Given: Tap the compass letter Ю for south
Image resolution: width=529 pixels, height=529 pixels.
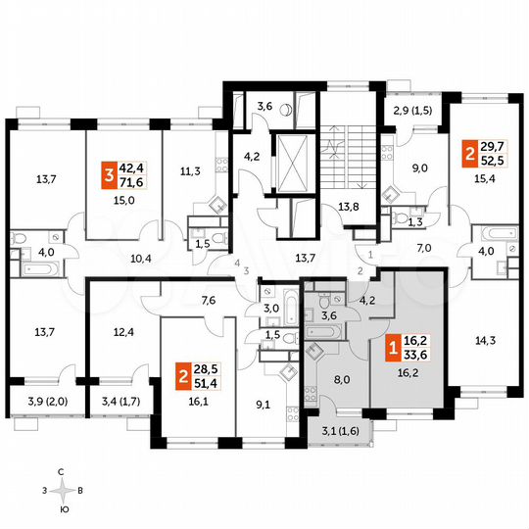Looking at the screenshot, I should pos(64,510).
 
